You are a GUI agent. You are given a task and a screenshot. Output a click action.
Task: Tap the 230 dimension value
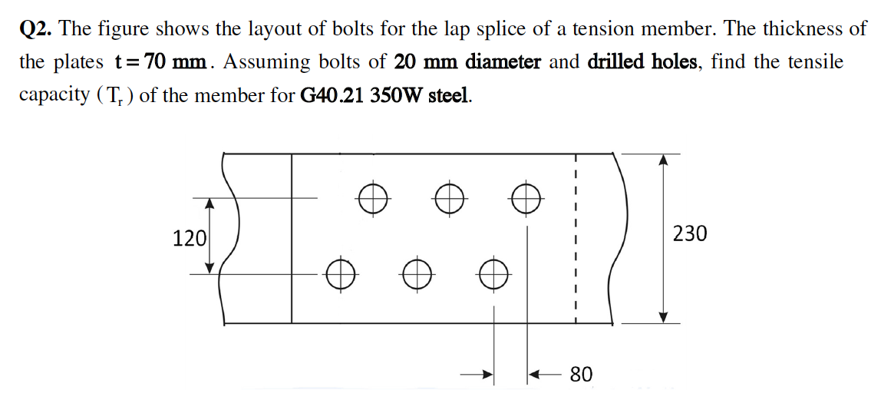click(x=689, y=233)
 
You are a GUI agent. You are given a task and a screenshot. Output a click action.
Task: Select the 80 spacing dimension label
click(x=582, y=375)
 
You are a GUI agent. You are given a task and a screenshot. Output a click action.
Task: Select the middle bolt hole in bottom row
click(x=416, y=273)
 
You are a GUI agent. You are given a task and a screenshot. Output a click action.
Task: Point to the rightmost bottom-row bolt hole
click(x=493, y=273)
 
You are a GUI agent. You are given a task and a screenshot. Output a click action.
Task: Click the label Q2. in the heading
click(x=36, y=29)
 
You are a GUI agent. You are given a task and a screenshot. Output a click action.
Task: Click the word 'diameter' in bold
click(x=503, y=62)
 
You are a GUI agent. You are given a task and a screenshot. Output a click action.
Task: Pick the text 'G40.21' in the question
click(x=330, y=96)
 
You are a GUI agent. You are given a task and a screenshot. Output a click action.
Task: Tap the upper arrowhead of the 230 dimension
click(x=665, y=158)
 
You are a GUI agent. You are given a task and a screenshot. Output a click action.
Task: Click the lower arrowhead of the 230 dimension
click(x=665, y=317)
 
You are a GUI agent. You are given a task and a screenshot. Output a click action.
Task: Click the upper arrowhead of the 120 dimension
click(x=209, y=203)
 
